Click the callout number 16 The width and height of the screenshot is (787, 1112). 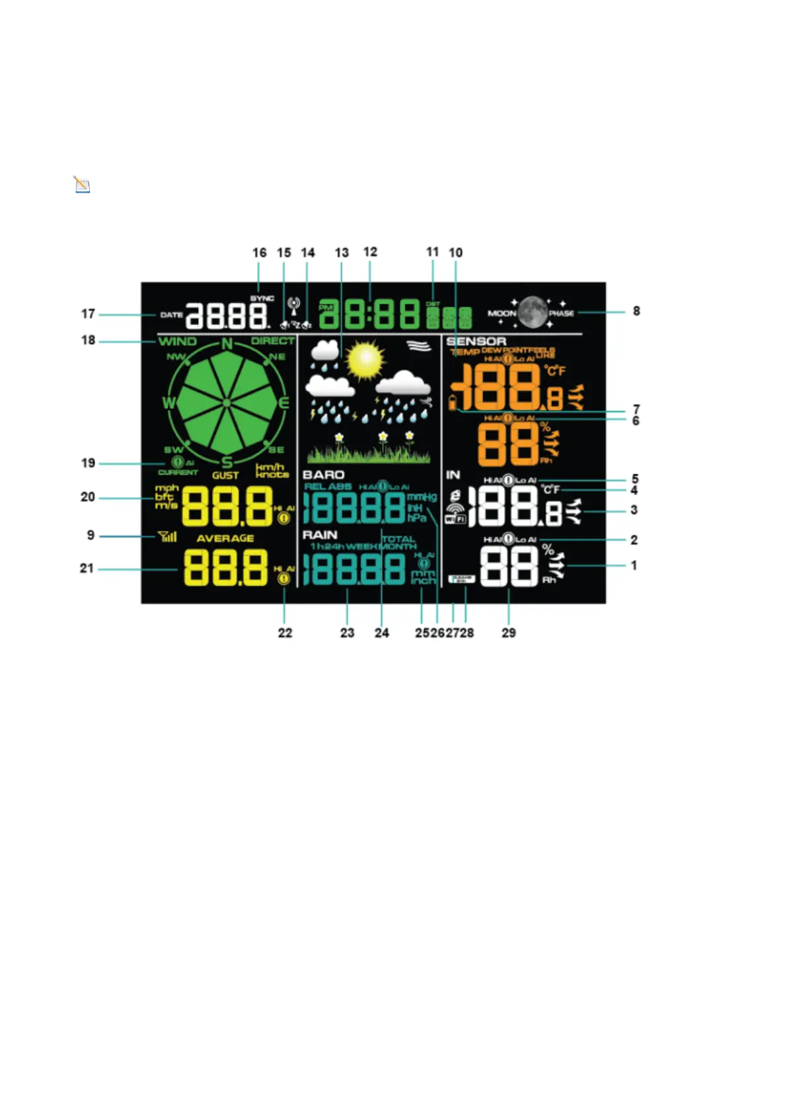click(x=259, y=253)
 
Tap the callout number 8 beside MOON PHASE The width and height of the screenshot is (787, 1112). click(x=636, y=311)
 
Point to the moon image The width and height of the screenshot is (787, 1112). click(x=533, y=312)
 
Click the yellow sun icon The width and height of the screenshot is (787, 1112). click(x=365, y=359)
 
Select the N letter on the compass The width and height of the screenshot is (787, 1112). click(x=227, y=344)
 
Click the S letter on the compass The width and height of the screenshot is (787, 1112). click(x=227, y=462)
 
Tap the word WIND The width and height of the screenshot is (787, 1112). click(x=177, y=341)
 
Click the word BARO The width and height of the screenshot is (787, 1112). click(x=323, y=475)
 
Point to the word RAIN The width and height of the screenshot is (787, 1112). click(x=320, y=534)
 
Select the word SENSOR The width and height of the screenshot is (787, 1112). click(x=476, y=341)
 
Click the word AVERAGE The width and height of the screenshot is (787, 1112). click(x=225, y=538)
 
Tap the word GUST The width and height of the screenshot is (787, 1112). click(x=225, y=475)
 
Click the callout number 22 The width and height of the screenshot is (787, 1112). click(x=285, y=633)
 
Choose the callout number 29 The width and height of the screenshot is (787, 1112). click(x=508, y=633)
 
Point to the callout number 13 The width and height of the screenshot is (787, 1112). click(x=342, y=253)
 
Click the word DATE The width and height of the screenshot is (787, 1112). click(x=171, y=315)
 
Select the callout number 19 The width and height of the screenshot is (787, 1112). click(x=88, y=463)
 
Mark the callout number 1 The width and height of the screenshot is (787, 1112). click(x=634, y=565)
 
